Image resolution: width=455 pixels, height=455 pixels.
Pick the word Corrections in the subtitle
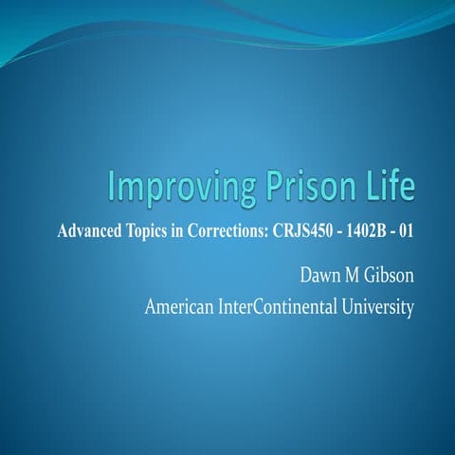(x=244, y=230)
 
